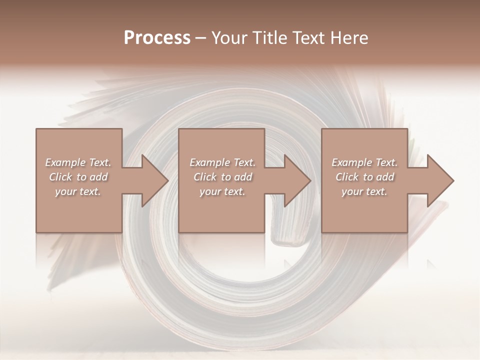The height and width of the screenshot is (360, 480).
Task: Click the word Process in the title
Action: coord(157,38)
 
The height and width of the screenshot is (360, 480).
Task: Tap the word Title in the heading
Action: coord(270,38)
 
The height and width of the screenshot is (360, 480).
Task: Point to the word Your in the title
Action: coord(229,38)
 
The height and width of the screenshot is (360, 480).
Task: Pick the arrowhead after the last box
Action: coord(439,180)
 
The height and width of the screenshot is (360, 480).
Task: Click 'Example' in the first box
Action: coord(65,162)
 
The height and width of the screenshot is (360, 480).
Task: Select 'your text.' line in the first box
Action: coord(78,191)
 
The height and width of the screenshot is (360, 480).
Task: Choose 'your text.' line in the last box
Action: coord(364,191)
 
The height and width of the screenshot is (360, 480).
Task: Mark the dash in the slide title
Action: coord(200,38)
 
